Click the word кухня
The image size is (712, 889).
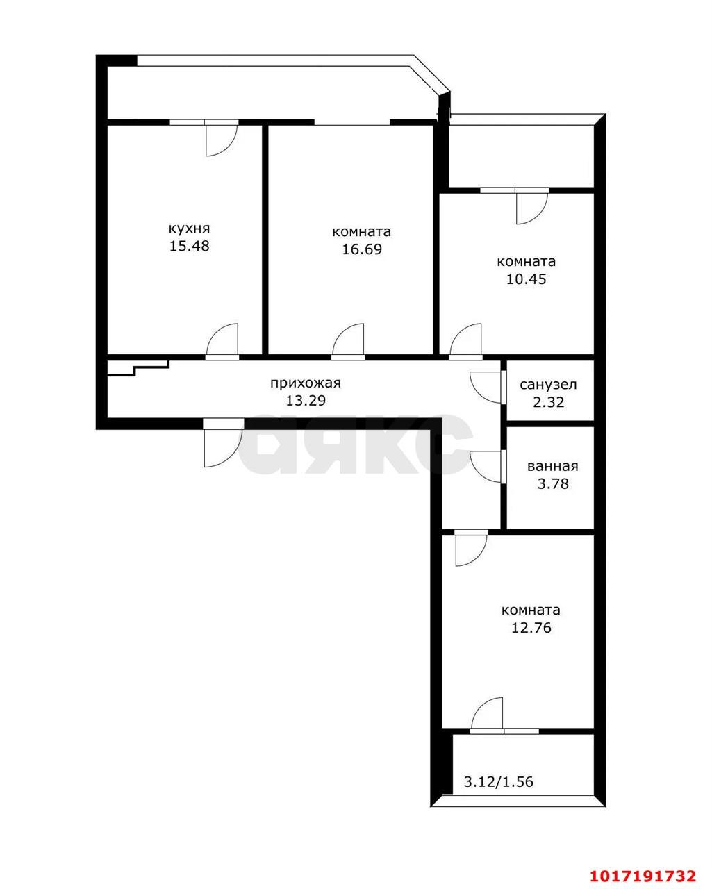click(x=189, y=229)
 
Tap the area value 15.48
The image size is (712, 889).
click(x=189, y=246)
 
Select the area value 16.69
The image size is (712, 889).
click(x=362, y=249)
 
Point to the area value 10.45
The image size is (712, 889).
click(x=526, y=279)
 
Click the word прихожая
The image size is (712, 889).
click(x=306, y=383)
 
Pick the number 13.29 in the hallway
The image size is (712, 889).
click(x=306, y=400)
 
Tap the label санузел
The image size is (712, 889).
click(x=548, y=385)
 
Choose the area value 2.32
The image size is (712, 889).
click(x=548, y=402)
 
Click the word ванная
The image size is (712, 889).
click(x=552, y=467)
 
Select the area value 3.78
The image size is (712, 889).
click(x=553, y=483)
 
